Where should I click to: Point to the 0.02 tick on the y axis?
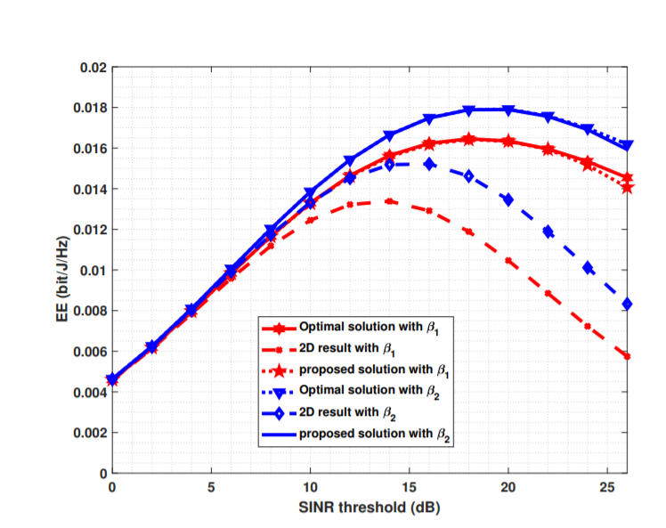(93, 68)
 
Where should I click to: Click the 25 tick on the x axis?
(606, 487)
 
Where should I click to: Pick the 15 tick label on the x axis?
(409, 487)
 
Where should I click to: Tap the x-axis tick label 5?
(211, 487)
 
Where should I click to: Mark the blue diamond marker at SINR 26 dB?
(627, 304)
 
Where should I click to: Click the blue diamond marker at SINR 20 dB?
(508, 199)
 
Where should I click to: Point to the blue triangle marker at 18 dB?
(468, 110)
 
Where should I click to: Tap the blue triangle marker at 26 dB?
(627, 144)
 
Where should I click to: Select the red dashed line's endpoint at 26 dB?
(627, 356)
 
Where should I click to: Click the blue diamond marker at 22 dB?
(548, 232)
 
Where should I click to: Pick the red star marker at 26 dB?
(627, 186)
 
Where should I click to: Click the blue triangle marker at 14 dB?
(389, 135)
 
